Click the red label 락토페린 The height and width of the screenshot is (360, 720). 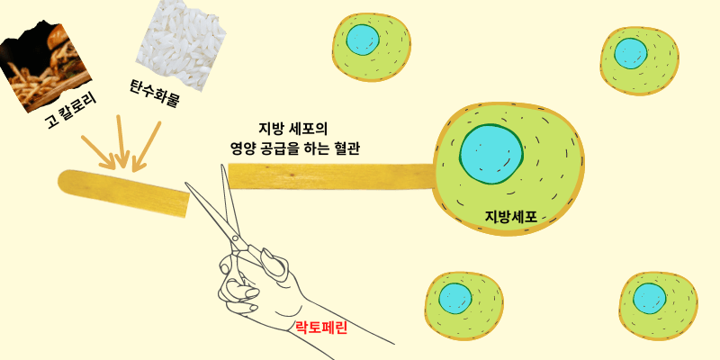click(x=321, y=328)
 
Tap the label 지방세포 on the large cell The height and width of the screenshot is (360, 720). click(x=510, y=217)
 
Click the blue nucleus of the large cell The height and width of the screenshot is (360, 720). click(x=491, y=154)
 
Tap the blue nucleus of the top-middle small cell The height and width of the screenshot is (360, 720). click(x=363, y=39)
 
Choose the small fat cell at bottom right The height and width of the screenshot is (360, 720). click(x=660, y=301)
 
